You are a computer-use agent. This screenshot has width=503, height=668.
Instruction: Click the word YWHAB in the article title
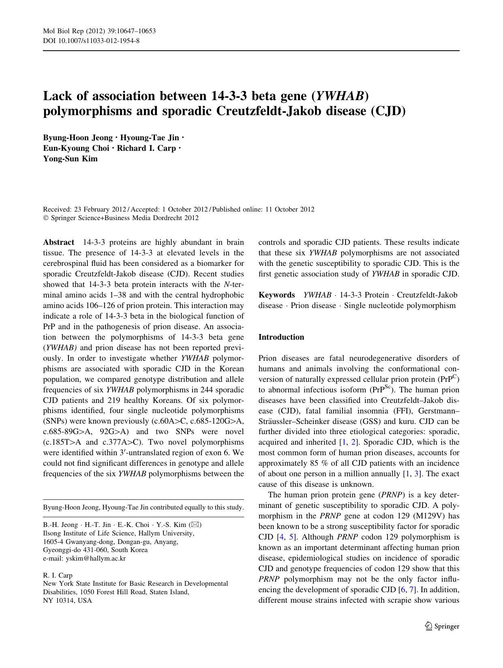coord(339,96)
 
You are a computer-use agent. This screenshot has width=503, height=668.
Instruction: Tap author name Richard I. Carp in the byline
coord(146,148)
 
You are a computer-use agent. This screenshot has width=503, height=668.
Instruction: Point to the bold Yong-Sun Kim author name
coord(70,158)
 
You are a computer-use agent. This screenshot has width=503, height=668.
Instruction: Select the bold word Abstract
coord(58,242)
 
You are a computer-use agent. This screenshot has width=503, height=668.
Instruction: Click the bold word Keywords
coord(276,295)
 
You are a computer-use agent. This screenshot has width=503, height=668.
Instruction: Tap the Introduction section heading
coord(281,337)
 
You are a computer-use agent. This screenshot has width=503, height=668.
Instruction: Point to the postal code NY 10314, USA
coord(67,600)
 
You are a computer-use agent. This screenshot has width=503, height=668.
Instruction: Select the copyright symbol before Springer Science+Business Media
coord(45,218)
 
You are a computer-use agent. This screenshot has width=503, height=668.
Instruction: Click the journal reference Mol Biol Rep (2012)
coord(77,31)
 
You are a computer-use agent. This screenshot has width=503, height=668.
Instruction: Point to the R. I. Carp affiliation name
coord(58,575)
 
